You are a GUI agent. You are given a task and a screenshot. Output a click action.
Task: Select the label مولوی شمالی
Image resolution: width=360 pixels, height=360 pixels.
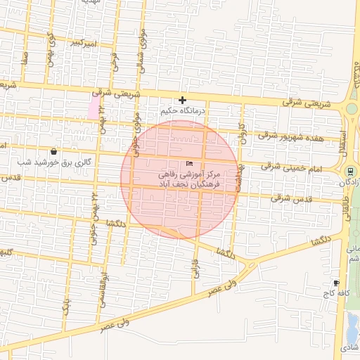point(142,39)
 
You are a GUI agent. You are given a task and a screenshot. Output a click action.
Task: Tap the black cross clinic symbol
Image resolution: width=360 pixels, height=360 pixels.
point(182,101)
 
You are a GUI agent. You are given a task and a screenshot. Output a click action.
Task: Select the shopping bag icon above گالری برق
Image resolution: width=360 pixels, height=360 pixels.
point(54,151)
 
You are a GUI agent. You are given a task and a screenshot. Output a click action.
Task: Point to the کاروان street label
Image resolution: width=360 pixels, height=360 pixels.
point(243,131)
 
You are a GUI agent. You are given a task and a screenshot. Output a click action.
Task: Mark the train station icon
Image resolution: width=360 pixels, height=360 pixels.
point(350,172)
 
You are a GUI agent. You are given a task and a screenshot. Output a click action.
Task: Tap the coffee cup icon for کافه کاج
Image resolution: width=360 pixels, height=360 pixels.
point(336,282)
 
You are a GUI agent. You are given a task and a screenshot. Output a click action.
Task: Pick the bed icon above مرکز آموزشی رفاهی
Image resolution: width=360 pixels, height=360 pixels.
point(190,163)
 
